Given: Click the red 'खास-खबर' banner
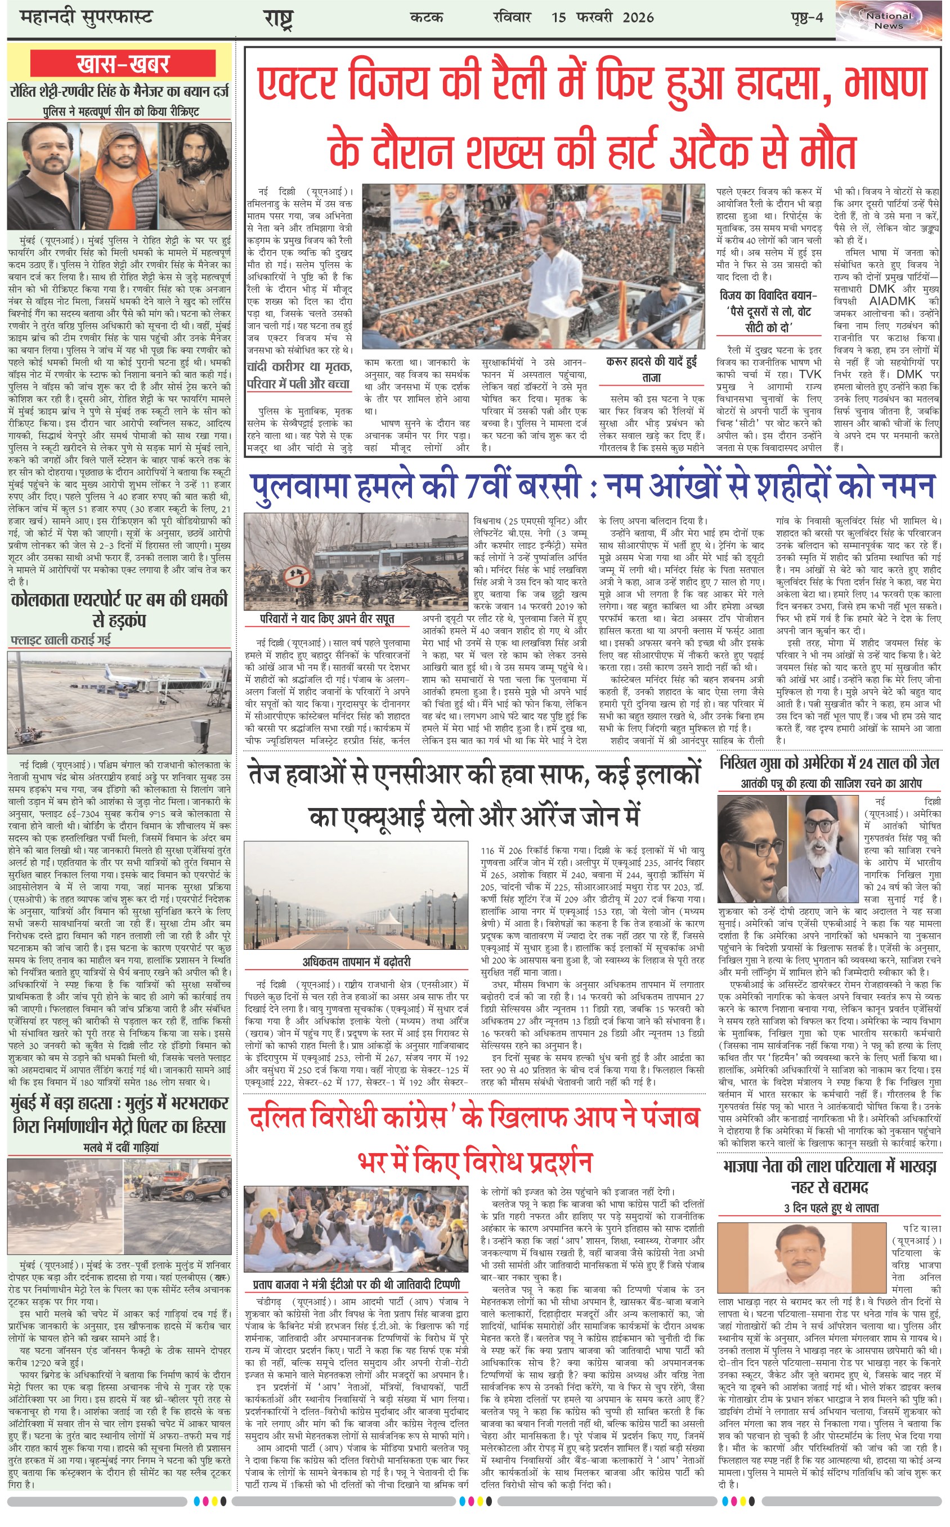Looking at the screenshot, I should click(123, 64).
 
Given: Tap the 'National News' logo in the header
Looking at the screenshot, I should click(889, 20).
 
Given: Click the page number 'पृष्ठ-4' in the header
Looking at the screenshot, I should click(806, 17).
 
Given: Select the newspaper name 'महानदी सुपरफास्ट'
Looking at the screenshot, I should click(86, 17).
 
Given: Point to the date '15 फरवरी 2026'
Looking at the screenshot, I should click(603, 17).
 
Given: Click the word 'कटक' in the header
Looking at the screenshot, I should click(427, 17).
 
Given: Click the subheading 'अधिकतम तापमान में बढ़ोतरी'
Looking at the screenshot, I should click(356, 962).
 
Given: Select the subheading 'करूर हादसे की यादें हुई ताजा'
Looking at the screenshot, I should click(652, 369).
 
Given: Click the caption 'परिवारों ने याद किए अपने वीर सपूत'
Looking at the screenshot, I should click(328, 618).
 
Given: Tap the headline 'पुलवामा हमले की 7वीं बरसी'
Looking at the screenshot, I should click(415, 486).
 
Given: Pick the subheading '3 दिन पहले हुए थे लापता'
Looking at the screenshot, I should click(831, 1208).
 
